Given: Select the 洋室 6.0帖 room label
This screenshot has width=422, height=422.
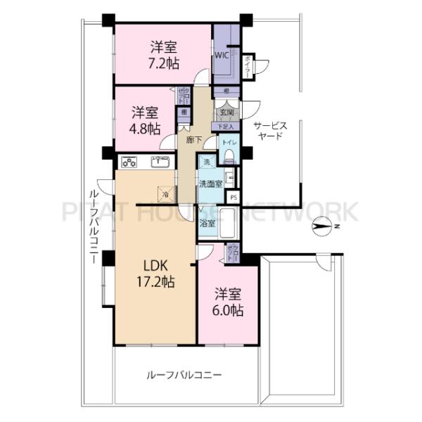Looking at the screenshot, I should (229, 301).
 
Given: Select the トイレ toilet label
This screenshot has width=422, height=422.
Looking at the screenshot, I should (228, 142).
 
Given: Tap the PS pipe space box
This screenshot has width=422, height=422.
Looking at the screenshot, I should (234, 198).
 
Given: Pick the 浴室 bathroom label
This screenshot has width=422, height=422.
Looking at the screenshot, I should (207, 224).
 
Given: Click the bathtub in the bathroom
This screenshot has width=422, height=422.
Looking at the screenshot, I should (229, 223).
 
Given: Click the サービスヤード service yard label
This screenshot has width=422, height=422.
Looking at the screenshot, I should (270, 131).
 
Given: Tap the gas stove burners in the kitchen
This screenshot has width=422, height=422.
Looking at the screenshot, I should (129, 162).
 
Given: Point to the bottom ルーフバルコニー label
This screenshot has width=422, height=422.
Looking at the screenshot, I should (185, 375).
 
